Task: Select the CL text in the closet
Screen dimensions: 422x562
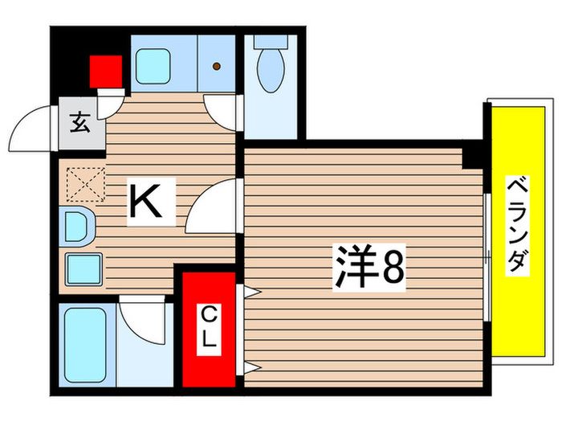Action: [x=208, y=326]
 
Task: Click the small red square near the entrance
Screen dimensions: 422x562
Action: [x=104, y=69]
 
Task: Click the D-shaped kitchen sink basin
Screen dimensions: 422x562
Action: [x=77, y=226]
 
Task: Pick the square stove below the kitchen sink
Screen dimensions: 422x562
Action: [x=81, y=268]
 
